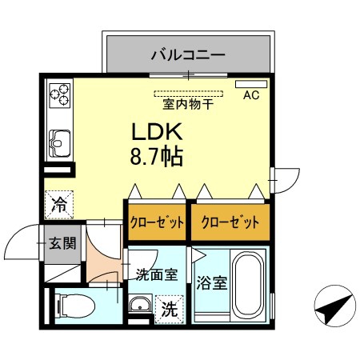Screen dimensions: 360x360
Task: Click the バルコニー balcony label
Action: [x=188, y=55]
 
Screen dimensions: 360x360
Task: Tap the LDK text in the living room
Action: [x=157, y=131]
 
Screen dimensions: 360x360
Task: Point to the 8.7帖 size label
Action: [x=157, y=156]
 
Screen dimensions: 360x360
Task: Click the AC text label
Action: [x=251, y=95]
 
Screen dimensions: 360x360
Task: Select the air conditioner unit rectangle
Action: [x=251, y=84]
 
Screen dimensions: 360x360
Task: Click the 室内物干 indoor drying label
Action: [x=188, y=104]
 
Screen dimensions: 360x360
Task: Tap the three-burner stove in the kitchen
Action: [x=60, y=95]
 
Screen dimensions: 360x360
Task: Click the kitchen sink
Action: [x=60, y=143]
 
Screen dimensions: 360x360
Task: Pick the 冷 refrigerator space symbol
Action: [x=59, y=205]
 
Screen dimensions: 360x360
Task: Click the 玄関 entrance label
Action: [x=62, y=243]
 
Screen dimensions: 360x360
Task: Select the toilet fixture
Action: [x=75, y=306]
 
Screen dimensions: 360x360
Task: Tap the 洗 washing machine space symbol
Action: [x=170, y=310]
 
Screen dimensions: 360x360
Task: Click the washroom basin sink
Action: [x=140, y=303]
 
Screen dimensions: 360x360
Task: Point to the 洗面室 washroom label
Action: [x=157, y=274]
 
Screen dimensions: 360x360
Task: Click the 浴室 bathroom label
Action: [x=212, y=283]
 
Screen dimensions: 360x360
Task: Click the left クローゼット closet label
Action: [x=157, y=222]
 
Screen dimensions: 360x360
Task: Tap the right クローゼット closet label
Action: [x=230, y=222]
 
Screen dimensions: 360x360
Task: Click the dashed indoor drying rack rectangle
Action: [x=188, y=94]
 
